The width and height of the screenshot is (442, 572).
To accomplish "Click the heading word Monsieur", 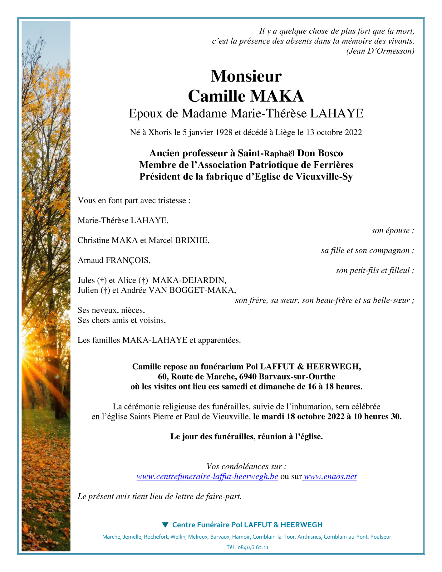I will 246,76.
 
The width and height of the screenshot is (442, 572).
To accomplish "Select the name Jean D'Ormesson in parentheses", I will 381,51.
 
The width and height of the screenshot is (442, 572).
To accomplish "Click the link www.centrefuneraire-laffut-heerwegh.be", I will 207,477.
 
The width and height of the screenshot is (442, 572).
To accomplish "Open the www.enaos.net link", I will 330,477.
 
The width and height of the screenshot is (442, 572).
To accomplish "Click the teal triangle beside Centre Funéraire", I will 165,525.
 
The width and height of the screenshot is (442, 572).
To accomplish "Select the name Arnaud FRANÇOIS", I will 114,260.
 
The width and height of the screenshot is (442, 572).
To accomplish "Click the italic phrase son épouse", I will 393,231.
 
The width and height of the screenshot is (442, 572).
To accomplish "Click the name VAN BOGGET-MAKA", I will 192,290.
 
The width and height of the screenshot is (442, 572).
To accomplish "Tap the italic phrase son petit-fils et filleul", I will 375,271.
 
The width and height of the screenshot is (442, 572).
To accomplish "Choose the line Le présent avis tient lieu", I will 160,496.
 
